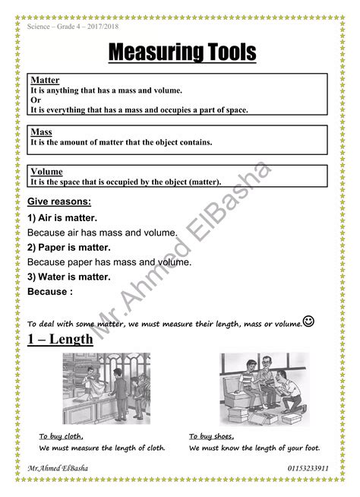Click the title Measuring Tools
[x=182, y=53]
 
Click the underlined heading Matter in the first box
[x=45, y=81]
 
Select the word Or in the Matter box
[x=35, y=100]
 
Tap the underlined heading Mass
[x=41, y=132]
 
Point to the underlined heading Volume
[x=46, y=172]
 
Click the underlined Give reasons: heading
[x=59, y=202]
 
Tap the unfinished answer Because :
[x=50, y=291]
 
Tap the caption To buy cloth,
[x=62, y=436]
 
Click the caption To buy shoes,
[x=212, y=436]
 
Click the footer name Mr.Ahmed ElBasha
[x=57, y=468]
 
